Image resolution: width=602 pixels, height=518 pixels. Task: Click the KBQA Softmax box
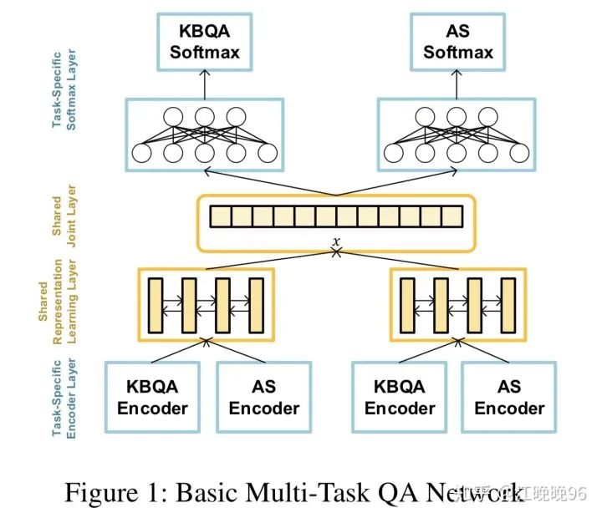pyautogui.click(x=205, y=43)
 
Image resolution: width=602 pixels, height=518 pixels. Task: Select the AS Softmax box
pyautogui.click(x=457, y=43)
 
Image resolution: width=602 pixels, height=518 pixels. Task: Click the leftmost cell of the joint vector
pyautogui.click(x=220, y=217)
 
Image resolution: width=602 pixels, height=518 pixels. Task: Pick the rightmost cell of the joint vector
pyautogui.click(x=451, y=217)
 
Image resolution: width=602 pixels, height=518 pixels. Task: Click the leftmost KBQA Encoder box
pyautogui.click(x=152, y=398)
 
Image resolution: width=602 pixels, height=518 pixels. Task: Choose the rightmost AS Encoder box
pyautogui.click(x=509, y=398)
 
